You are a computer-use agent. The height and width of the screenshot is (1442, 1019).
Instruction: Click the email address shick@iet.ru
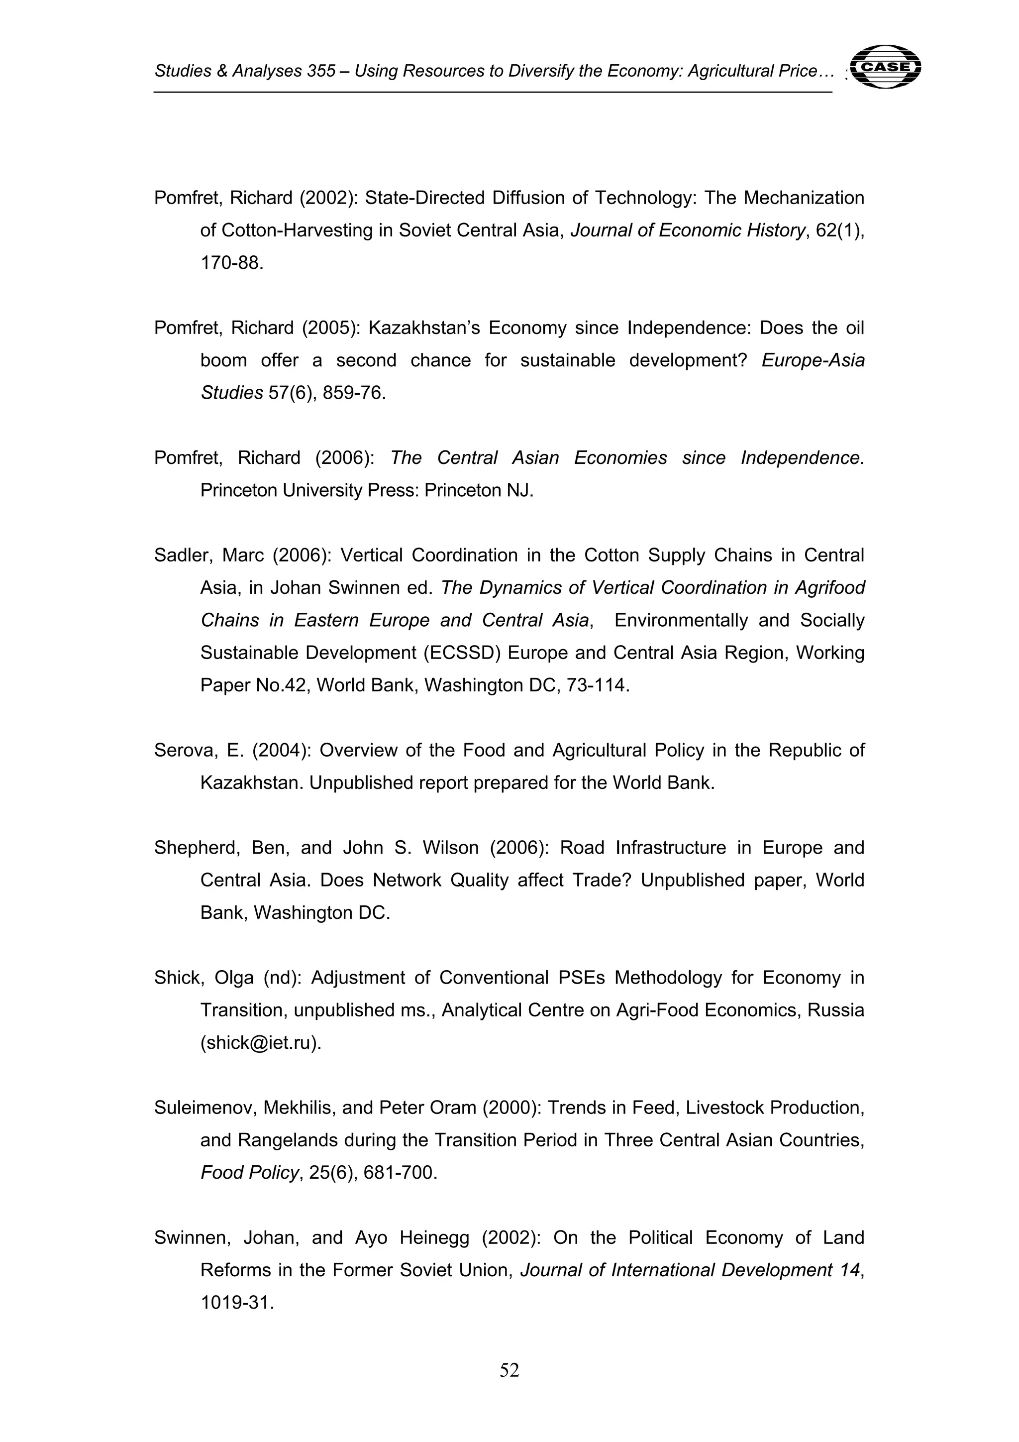point(261,1043)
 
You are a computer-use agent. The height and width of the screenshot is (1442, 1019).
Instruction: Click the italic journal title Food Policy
point(249,1173)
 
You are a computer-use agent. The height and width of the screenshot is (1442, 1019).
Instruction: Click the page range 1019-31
point(237,1303)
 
